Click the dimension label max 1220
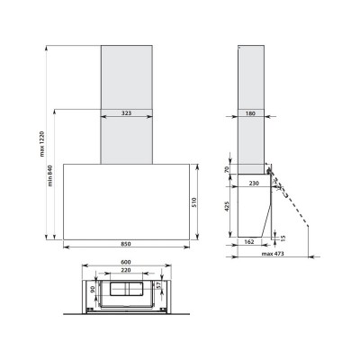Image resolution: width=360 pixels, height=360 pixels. click(41, 144)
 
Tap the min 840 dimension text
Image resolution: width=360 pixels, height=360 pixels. click(50, 175)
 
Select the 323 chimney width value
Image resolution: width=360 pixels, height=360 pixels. click(126, 113)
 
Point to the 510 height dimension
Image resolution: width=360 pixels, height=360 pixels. click(193, 202)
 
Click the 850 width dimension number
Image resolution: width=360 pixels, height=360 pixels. click(126, 244)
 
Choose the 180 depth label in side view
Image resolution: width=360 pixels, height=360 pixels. click(250, 113)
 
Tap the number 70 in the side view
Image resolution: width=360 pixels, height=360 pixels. click(227, 169)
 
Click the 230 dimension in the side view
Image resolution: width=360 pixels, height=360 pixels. click(254, 184)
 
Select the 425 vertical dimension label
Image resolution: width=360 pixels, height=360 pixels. click(227, 206)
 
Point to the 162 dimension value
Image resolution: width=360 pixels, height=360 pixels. click(249, 242)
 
